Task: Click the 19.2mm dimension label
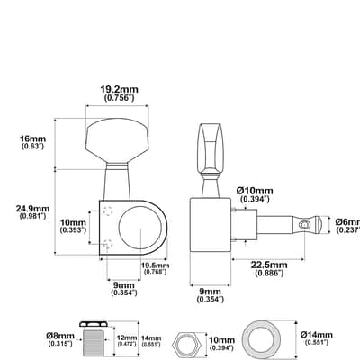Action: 119,89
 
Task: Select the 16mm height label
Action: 32,139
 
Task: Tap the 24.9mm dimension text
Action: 32,208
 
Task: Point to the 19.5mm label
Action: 156,265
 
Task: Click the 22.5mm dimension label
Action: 269,265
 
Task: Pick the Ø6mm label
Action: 348,222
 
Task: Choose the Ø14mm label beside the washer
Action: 317,335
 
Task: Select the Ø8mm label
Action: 60,336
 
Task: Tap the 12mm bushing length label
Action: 127,338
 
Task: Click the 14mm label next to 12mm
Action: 151,338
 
